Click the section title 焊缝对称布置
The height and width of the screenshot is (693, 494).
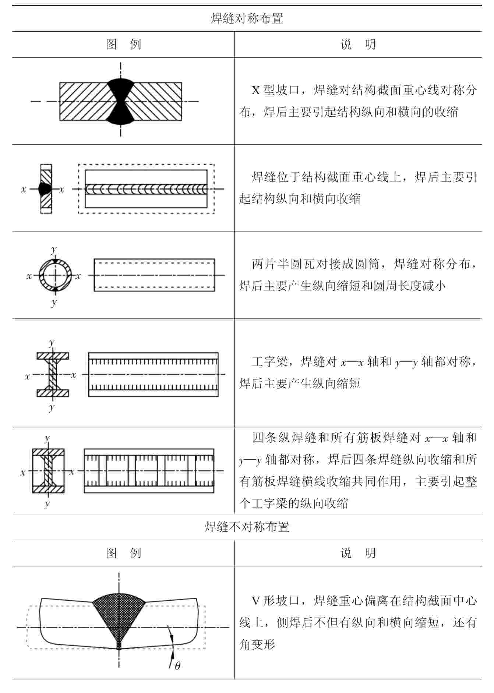pyautogui.click(x=247, y=18)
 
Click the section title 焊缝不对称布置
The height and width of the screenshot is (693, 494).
pyautogui.click(x=247, y=527)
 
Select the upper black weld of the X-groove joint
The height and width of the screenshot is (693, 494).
pyautogui.click(x=120, y=88)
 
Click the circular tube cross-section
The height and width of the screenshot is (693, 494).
pyautogui.click(x=55, y=276)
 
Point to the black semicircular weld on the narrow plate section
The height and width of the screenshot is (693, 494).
pyautogui.click(x=44, y=189)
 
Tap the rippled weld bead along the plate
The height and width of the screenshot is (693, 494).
pyautogui.click(x=146, y=189)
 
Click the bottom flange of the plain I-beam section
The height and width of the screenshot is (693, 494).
pyautogui.click(x=53, y=393)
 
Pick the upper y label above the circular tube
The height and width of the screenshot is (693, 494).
pyautogui.click(x=54, y=250)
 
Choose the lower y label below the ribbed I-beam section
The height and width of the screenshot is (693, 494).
pyautogui.click(x=47, y=503)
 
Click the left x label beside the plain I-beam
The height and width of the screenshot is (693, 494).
pyautogui.click(x=27, y=376)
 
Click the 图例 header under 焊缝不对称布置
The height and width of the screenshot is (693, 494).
pyautogui.click(x=123, y=553)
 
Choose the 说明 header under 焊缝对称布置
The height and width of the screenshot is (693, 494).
pyautogui.click(x=358, y=45)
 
